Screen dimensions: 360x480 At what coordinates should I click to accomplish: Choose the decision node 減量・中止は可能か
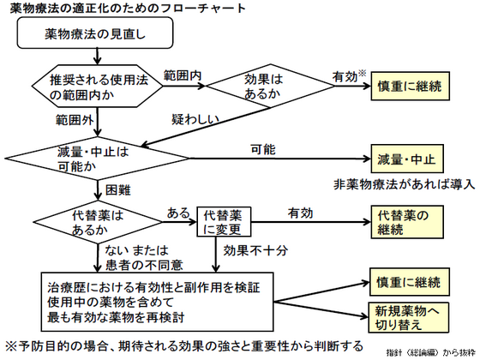tap(92, 159)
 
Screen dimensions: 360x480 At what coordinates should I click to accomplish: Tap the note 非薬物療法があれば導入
tap(401, 184)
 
